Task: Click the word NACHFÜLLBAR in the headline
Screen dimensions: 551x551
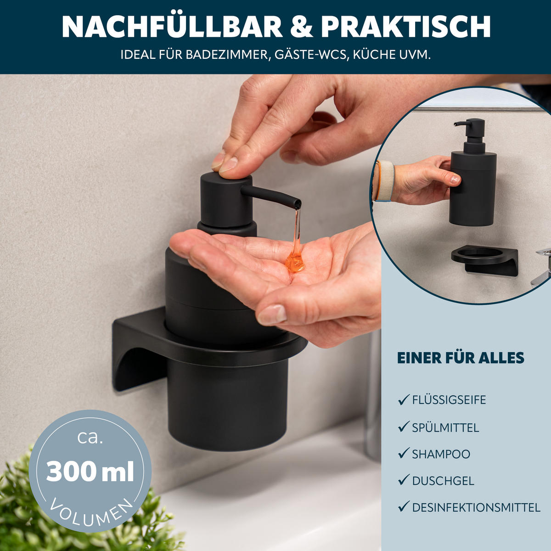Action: [172, 27]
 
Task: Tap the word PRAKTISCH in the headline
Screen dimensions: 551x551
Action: [406, 27]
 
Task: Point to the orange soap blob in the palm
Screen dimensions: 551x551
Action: [294, 263]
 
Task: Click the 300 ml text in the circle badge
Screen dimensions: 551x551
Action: [90, 472]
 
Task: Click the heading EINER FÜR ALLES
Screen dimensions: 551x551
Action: [461, 358]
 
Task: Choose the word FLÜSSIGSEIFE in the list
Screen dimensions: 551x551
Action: [449, 400]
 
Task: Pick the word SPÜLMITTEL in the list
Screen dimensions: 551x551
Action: [445, 428]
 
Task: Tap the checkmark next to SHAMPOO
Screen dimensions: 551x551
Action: [404, 454]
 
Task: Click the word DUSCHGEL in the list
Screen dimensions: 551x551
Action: [443, 481]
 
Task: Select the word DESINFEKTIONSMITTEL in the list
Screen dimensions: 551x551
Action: [476, 507]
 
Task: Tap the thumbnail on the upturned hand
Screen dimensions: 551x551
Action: [272, 315]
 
